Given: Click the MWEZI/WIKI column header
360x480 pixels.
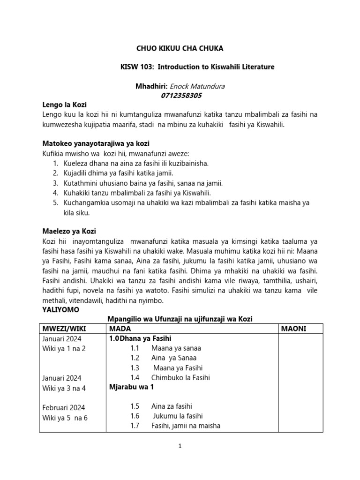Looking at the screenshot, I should (65, 329).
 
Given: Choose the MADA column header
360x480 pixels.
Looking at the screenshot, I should (120, 329).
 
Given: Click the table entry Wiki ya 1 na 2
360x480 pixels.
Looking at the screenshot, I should (64, 348).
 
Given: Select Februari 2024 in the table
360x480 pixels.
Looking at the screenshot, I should (64, 407).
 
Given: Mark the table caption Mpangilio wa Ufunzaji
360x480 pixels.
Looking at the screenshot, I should (180, 319).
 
